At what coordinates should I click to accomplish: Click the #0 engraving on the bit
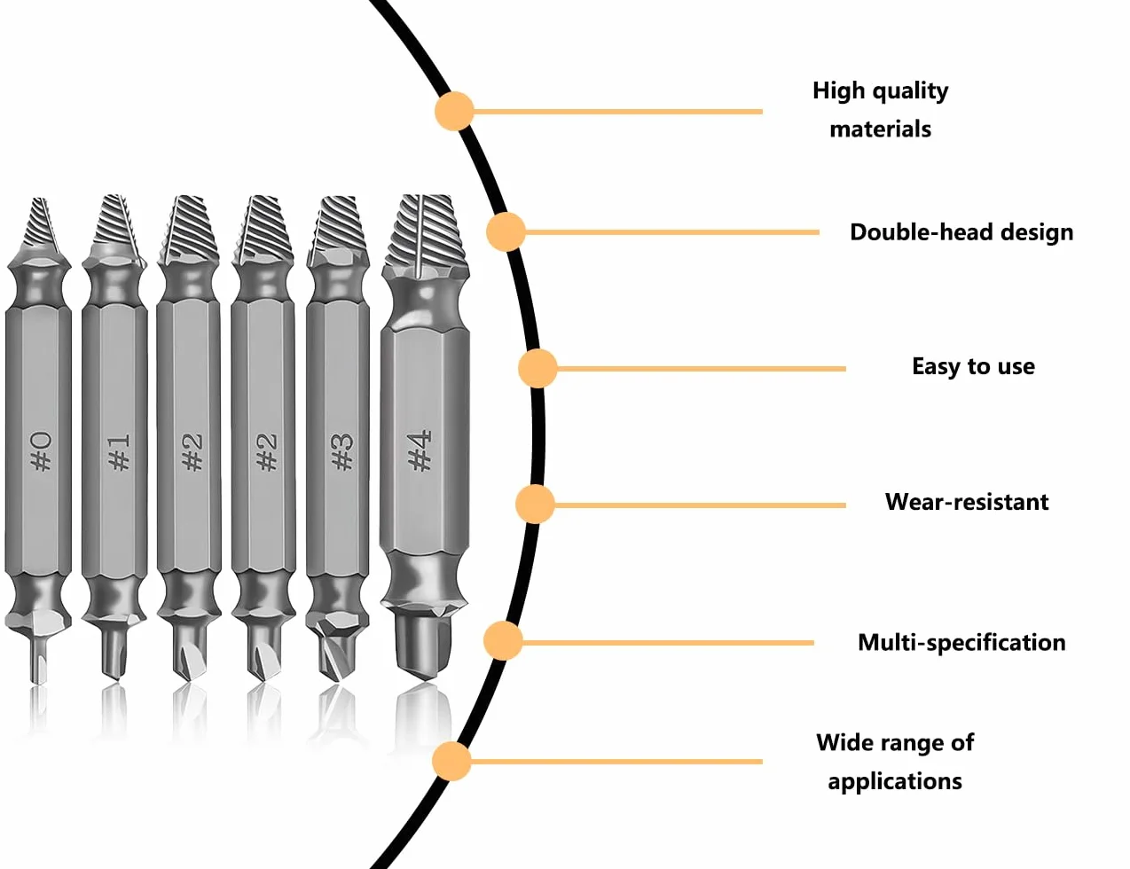click(42, 450)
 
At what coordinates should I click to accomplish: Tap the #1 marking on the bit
click(119, 451)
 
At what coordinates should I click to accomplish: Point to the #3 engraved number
click(342, 451)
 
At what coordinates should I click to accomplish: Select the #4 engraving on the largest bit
click(420, 450)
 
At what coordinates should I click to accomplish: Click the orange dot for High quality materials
click(454, 111)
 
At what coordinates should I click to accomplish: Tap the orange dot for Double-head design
click(506, 231)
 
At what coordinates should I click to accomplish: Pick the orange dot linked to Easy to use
click(538, 369)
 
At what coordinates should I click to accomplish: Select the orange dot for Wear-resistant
click(535, 505)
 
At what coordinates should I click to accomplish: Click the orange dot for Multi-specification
click(502, 641)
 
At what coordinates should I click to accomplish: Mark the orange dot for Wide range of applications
click(451, 761)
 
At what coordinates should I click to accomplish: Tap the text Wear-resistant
click(967, 502)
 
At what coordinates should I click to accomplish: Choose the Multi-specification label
click(961, 643)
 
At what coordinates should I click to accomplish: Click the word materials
click(881, 129)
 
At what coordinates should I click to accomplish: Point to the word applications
click(895, 782)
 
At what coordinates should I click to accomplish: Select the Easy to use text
click(974, 366)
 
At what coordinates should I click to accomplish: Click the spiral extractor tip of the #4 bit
click(426, 234)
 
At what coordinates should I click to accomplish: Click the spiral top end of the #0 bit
click(40, 226)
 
